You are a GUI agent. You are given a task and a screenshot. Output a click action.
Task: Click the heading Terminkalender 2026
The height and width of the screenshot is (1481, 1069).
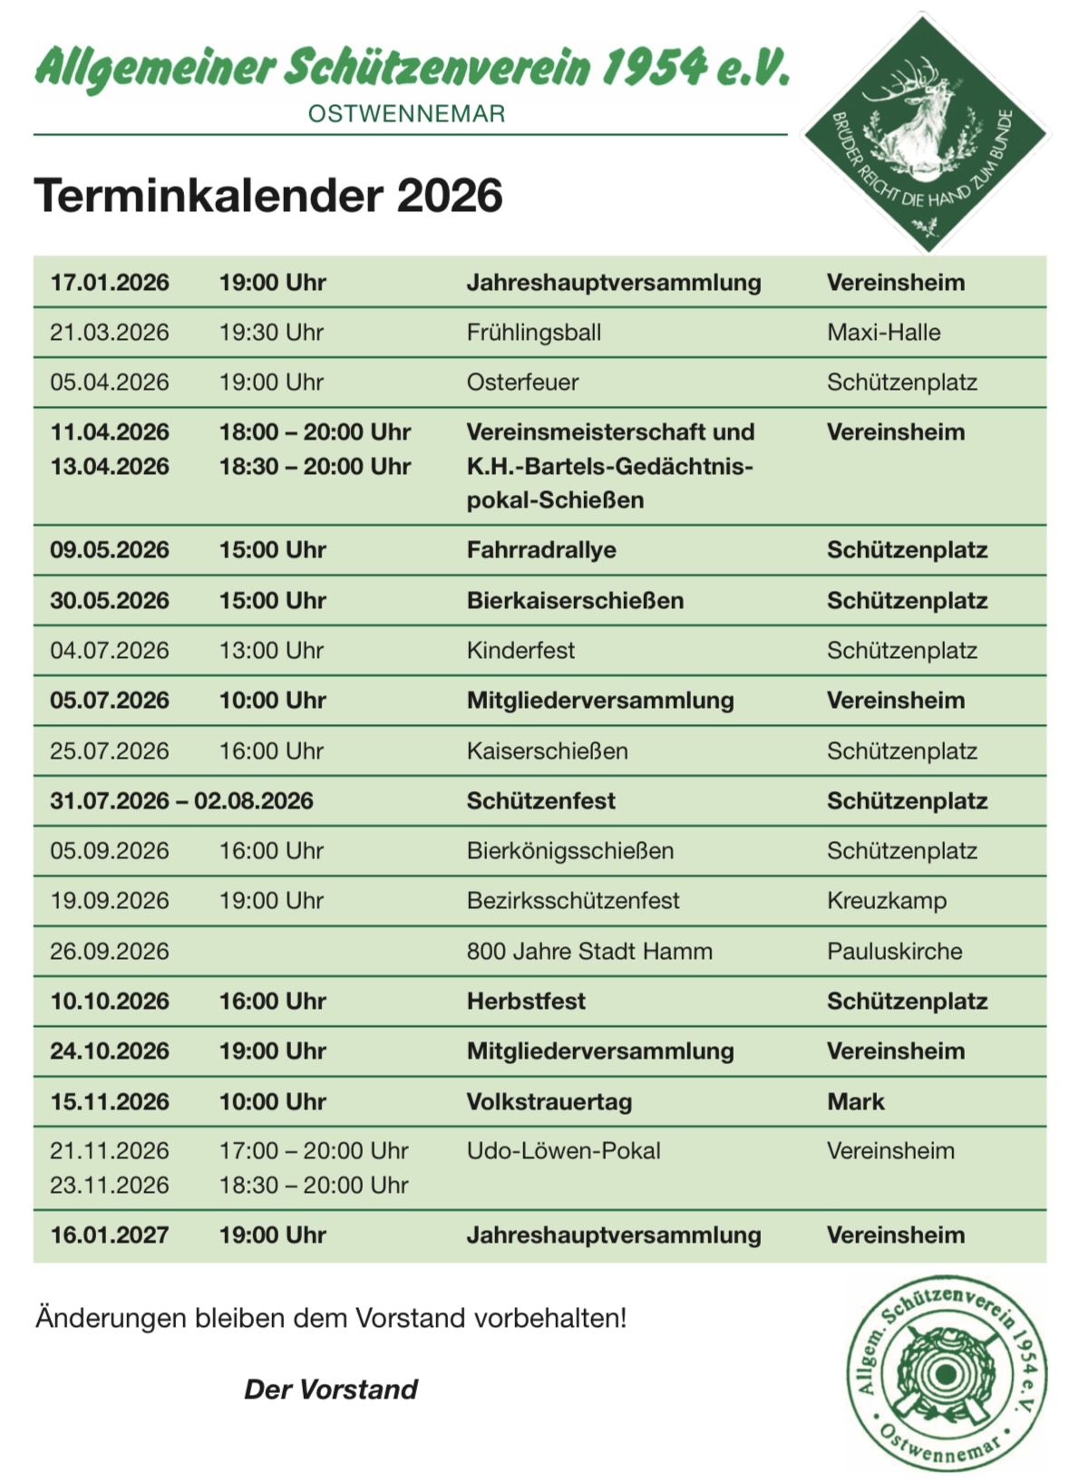click(267, 196)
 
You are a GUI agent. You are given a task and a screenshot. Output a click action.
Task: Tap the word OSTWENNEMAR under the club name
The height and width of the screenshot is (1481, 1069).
click(406, 114)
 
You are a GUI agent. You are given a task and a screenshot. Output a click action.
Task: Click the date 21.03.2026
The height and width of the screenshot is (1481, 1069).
click(110, 333)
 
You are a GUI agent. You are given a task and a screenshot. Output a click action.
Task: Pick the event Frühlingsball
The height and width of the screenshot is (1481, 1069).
click(533, 333)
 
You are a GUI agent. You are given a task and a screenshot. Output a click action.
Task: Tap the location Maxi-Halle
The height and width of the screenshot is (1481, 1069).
click(883, 333)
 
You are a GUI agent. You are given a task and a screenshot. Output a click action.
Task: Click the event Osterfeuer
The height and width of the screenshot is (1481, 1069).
click(522, 382)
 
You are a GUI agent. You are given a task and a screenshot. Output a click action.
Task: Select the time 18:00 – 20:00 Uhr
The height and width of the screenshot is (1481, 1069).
click(315, 432)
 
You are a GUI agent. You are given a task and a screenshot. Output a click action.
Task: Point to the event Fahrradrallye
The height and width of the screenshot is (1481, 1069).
click(541, 550)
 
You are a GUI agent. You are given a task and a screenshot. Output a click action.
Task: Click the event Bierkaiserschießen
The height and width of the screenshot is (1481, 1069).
click(575, 601)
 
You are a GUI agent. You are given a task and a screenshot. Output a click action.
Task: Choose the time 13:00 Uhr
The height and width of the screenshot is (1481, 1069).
click(271, 651)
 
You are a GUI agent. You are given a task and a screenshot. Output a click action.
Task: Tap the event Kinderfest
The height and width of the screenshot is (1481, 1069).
click(520, 651)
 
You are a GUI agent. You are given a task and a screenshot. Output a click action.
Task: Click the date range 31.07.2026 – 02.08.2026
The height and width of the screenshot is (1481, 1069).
click(181, 801)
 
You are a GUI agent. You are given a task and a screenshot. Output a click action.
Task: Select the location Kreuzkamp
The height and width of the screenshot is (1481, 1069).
click(886, 901)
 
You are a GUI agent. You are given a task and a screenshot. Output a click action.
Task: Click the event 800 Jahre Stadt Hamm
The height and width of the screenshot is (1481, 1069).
click(589, 952)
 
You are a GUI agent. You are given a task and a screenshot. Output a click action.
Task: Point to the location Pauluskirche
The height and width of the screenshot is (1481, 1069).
click(894, 952)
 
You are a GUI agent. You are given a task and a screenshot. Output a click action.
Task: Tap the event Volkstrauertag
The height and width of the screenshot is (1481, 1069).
click(549, 1102)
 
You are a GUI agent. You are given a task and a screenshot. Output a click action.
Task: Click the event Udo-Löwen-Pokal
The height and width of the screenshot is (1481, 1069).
click(563, 1151)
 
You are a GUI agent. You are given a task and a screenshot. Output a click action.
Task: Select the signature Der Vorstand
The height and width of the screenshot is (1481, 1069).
click(331, 1389)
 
